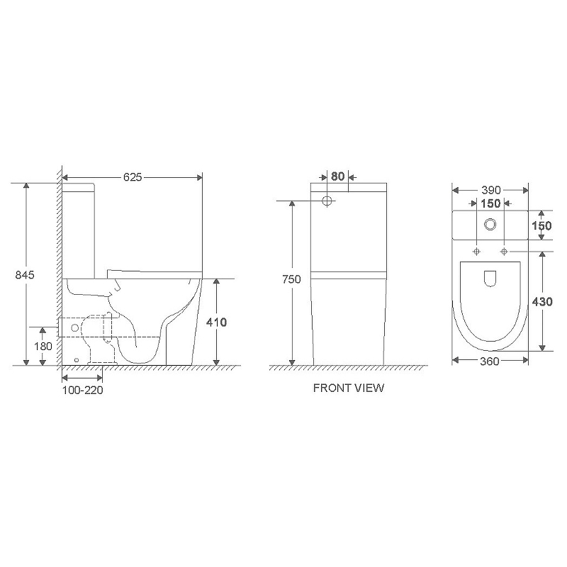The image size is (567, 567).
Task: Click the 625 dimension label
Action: point(133,177)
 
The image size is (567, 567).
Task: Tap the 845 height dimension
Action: point(25,275)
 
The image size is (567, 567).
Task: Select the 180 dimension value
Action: point(43,347)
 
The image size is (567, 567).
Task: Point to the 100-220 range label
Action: point(83,391)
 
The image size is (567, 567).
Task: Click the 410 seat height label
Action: point(217,322)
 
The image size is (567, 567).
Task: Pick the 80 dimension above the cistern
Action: point(338,176)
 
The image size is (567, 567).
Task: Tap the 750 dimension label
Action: point(291,279)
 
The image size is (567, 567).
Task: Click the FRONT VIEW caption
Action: point(349,388)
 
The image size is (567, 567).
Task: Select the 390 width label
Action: point(491,190)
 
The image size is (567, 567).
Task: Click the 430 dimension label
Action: point(542,302)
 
